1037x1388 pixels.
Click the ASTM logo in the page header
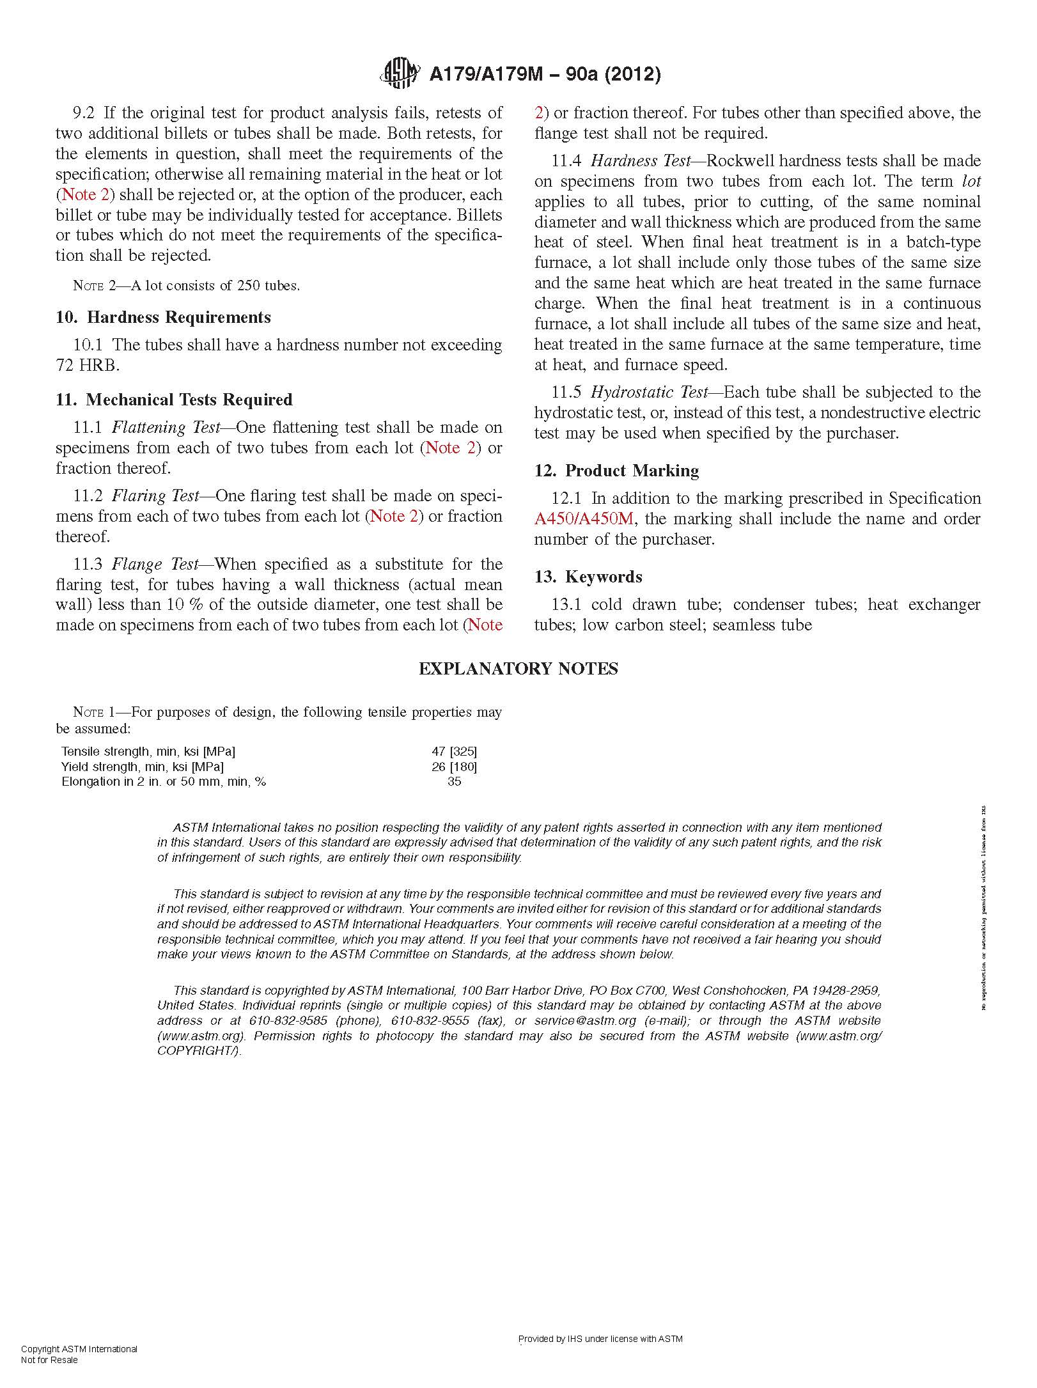pyautogui.click(x=400, y=74)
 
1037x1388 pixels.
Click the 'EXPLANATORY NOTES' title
pyautogui.click(x=518, y=669)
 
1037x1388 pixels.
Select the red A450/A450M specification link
pyautogui.click(x=583, y=519)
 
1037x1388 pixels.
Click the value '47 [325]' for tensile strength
pyautogui.click(x=454, y=751)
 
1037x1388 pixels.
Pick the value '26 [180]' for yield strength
pyautogui.click(x=454, y=767)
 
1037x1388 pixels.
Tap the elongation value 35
pyautogui.click(x=455, y=781)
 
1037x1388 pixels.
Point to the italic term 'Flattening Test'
pyautogui.click(x=166, y=428)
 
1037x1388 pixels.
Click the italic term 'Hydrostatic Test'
pyautogui.click(x=649, y=393)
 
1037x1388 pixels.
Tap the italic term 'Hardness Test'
pyautogui.click(x=641, y=161)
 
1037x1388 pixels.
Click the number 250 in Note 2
pyautogui.click(x=248, y=286)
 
